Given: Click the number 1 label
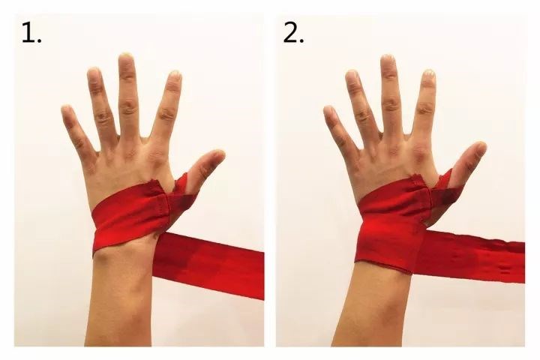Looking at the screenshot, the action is click(31, 33).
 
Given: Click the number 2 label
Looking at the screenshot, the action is click(293, 33).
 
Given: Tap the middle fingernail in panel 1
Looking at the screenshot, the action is click(127, 58).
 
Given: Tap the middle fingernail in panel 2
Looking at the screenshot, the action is click(388, 60).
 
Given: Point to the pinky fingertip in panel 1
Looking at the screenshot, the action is click(66, 109).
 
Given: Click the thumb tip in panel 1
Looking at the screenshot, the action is click(218, 154).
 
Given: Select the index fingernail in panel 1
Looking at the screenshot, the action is click(175, 75).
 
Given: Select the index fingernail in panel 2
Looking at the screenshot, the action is click(429, 74).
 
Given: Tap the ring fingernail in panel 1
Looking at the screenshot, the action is click(93, 73).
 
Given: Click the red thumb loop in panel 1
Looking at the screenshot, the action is click(182, 193).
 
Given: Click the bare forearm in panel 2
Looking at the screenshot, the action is click(373, 307).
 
